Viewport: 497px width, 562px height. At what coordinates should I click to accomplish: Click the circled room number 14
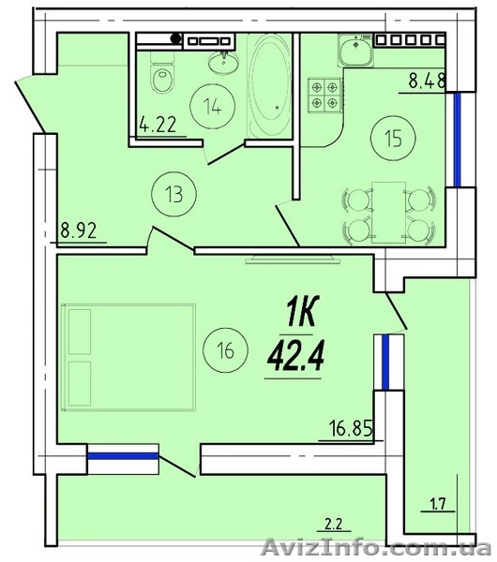(x=213, y=106)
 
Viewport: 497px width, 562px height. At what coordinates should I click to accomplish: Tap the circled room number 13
(x=174, y=194)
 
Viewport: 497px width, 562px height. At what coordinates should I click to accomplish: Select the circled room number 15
(x=394, y=139)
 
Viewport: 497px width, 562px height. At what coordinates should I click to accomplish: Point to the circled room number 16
(x=225, y=350)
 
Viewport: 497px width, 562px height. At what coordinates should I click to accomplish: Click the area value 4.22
(x=158, y=125)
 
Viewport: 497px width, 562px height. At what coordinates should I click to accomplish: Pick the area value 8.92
(x=78, y=230)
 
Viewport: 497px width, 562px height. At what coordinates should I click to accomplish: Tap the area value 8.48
(x=427, y=81)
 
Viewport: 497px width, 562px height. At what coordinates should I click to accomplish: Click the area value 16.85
(x=351, y=428)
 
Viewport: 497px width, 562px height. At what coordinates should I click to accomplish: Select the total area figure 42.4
(x=295, y=356)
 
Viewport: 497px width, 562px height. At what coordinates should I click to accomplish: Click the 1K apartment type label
(x=301, y=312)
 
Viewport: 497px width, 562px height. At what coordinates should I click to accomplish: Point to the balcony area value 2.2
(x=334, y=525)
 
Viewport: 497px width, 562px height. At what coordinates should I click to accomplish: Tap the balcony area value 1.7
(x=437, y=504)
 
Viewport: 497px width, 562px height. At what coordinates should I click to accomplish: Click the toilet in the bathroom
(x=162, y=72)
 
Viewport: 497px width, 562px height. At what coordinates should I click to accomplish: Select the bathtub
(x=269, y=85)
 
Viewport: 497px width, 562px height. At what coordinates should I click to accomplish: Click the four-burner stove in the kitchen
(x=324, y=94)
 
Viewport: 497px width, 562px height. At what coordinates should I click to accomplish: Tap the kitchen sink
(x=355, y=50)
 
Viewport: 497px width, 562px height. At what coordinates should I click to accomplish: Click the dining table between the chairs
(x=388, y=213)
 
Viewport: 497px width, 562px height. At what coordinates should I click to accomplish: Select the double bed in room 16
(x=128, y=358)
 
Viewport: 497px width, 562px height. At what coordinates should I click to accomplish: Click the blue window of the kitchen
(x=457, y=140)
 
